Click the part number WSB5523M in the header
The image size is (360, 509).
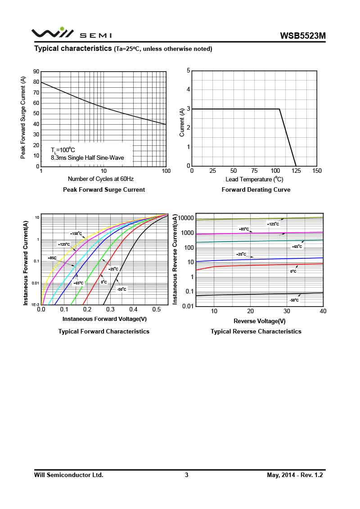(302, 36)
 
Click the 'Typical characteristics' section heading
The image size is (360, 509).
(73, 48)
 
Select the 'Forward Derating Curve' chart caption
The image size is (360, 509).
(256, 190)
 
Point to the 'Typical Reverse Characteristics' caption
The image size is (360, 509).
(256, 331)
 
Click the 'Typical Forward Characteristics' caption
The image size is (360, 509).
(104, 331)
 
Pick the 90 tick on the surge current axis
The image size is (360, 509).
(36, 72)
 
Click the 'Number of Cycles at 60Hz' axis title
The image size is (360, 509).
(100, 179)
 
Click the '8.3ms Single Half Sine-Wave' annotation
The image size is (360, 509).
(87, 158)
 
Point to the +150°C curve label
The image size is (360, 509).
(76, 234)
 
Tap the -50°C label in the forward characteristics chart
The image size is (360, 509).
(121, 289)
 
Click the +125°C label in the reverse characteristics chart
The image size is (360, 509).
(273, 224)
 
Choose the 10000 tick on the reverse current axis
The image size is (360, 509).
(185, 218)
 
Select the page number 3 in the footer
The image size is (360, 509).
(186, 475)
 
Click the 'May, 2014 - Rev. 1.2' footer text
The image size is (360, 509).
(295, 475)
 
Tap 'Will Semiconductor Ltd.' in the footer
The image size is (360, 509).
(69, 475)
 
